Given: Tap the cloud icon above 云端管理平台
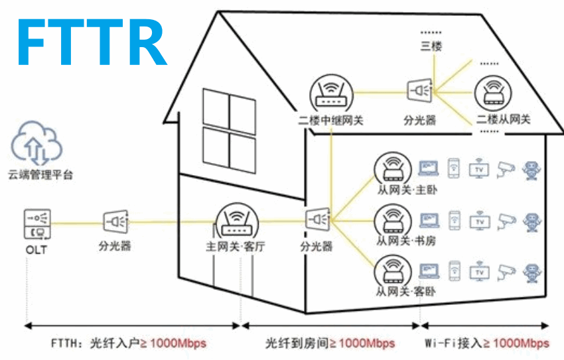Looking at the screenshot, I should [36, 143].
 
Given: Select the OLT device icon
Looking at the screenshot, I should [36, 223].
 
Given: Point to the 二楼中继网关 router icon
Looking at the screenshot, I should [330, 94].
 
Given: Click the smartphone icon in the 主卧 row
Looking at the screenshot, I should [454, 168].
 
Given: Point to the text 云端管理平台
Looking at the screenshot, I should [40, 176].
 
